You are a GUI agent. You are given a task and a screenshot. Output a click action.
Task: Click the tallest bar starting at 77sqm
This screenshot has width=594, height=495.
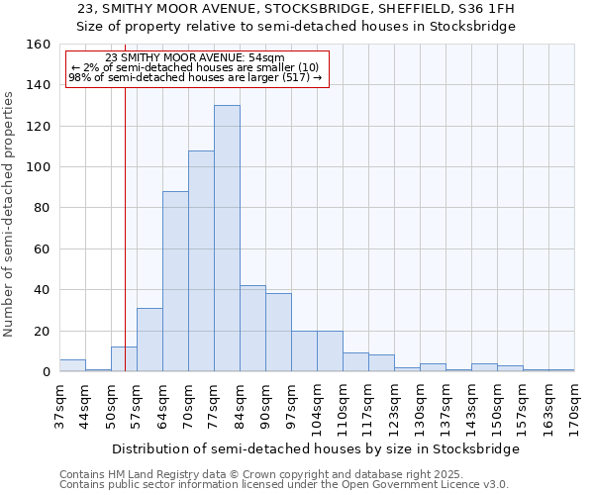pyautogui.click(x=227, y=239)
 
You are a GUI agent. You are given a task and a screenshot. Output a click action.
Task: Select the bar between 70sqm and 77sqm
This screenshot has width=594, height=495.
pyautogui.click(x=201, y=261)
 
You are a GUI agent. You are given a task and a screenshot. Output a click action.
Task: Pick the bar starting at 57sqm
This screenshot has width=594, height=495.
pyautogui.click(x=149, y=340)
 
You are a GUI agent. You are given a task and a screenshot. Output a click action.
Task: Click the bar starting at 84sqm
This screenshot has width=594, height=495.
pyautogui.click(x=252, y=329)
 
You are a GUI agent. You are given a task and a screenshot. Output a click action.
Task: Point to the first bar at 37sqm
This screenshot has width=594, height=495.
pyautogui.click(x=72, y=365)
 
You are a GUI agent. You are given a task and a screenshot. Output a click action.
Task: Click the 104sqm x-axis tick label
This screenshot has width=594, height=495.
pyautogui.click(x=318, y=405)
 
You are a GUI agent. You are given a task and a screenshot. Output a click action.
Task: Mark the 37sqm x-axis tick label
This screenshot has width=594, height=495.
pyautogui.click(x=60, y=403)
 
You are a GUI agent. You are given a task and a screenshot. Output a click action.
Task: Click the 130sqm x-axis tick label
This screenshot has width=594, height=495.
pyautogui.click(x=421, y=405)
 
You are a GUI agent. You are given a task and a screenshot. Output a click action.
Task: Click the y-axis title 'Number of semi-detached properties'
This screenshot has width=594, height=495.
pyautogui.click(x=10, y=209)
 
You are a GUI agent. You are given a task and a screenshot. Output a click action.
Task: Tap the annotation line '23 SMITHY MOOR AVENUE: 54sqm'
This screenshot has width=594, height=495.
pyautogui.click(x=194, y=57)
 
